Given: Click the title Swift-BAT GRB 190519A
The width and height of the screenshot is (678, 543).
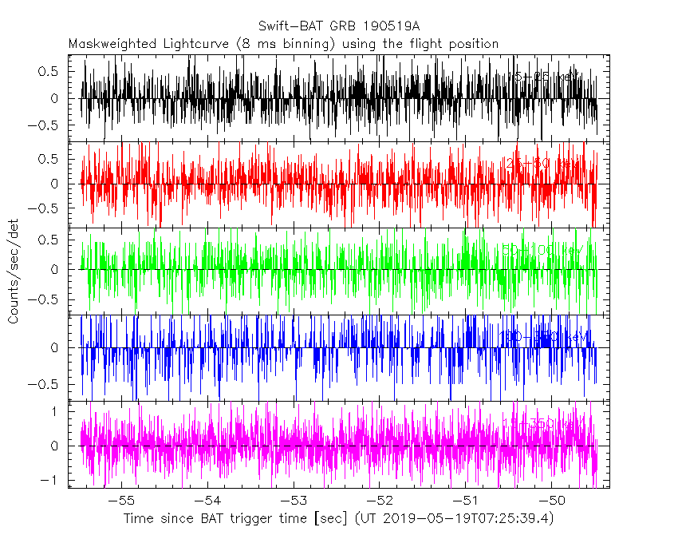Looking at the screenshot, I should click(340, 26).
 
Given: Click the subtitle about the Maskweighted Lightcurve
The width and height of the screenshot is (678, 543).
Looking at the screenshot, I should click(283, 44).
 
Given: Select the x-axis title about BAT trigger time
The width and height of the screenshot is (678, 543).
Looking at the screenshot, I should click(338, 519).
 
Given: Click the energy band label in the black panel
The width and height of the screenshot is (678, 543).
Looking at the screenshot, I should click(544, 77).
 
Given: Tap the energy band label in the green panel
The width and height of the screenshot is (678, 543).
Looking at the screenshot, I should click(542, 251).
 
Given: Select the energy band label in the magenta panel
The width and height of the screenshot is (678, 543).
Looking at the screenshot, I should click(542, 423).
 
